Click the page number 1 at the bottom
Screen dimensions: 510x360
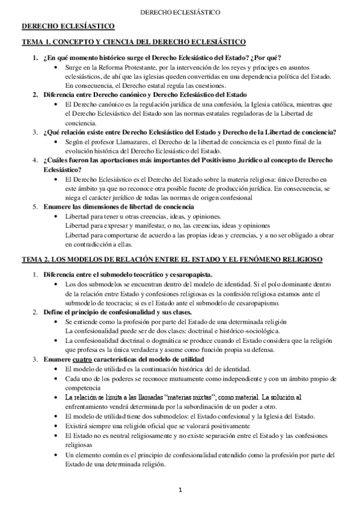(x=180, y=490)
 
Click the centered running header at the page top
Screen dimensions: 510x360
(x=180, y=11)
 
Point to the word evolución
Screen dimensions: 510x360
(x=81, y=150)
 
